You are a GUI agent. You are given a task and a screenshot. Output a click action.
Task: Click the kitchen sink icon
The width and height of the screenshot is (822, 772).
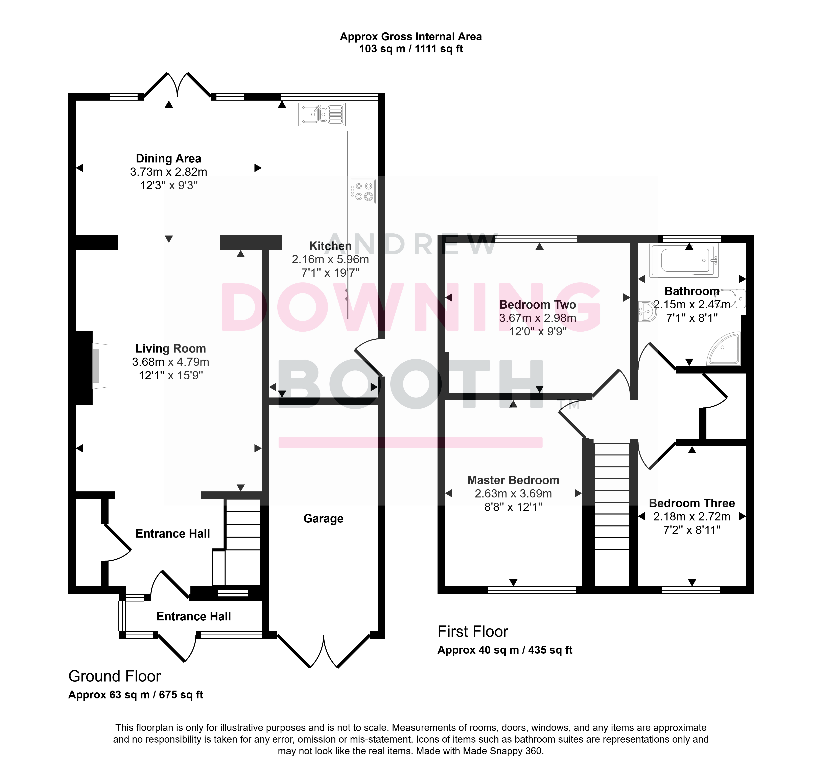point(322,114)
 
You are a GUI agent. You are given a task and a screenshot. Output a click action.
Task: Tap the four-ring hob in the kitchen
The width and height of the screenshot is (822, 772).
point(363,191)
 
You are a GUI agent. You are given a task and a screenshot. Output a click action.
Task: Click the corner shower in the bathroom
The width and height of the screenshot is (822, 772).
point(724,348)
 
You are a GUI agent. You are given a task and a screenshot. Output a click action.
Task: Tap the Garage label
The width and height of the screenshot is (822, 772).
point(323,519)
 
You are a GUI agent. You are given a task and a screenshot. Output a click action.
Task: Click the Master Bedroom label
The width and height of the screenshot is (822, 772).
point(513,480)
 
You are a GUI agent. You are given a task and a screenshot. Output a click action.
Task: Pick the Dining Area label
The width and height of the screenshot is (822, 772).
point(169,159)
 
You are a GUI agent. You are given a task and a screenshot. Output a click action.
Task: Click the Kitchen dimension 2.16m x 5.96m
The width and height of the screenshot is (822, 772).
point(330,260)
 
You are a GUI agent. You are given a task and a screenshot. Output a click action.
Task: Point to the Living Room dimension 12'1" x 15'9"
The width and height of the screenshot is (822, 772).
point(171,375)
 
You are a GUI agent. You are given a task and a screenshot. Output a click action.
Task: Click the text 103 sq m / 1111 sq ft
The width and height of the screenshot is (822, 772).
point(411,49)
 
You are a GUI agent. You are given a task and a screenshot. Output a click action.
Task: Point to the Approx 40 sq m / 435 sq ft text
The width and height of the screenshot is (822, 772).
point(505,650)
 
